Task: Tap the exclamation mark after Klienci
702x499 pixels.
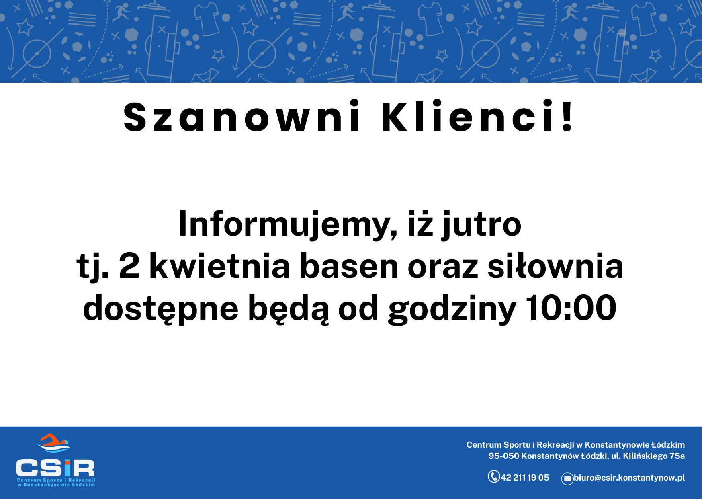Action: tap(567, 116)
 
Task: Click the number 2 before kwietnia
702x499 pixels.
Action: tap(129, 266)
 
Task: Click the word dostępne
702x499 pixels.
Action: tap(161, 309)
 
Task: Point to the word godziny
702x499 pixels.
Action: tap(452, 309)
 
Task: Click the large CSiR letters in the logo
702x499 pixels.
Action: tap(55, 468)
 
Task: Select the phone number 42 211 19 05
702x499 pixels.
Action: tap(525, 478)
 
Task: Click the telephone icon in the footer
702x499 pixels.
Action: tap(494, 476)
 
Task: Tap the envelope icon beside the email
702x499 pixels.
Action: tap(567, 478)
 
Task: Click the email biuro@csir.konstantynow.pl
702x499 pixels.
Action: tap(629, 478)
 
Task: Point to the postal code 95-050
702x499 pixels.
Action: tap(504, 456)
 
